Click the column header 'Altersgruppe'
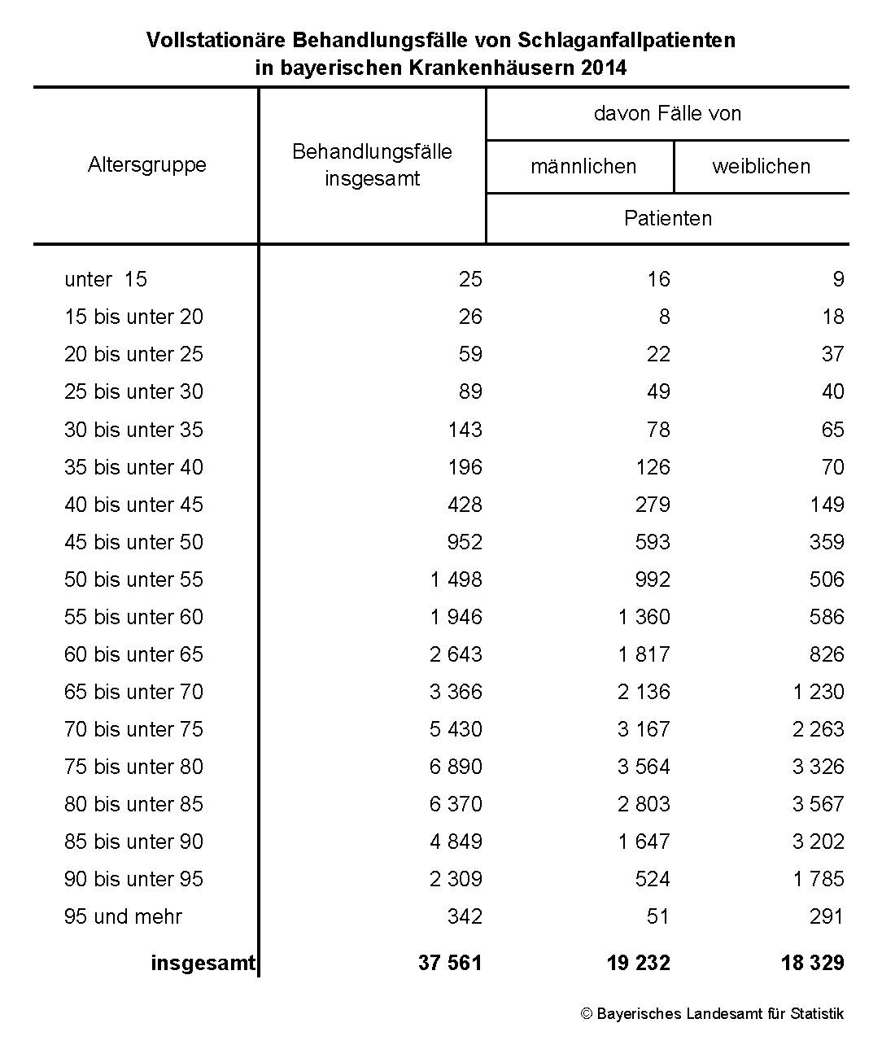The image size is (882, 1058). tap(147, 165)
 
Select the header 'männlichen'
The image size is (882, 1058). tap(583, 167)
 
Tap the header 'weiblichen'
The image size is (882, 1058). tap(761, 167)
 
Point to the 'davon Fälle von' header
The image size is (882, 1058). tap(667, 113)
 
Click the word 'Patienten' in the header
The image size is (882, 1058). tap(667, 219)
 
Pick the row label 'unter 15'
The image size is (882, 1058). tap(106, 280)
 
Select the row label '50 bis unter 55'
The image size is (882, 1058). tap(133, 580)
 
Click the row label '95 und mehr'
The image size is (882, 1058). tap(123, 917)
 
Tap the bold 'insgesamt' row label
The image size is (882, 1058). tap(203, 964)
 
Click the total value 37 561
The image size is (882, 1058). tap(450, 964)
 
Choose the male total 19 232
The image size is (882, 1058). tap(638, 964)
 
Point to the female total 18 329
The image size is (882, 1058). tap(812, 964)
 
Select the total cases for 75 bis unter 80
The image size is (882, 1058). tap(456, 767)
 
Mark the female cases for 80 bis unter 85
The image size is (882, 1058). tap(818, 805)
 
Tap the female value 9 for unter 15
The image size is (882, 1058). tap(838, 280)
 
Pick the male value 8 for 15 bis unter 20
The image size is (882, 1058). tap(664, 317)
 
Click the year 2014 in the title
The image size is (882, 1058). tap(604, 68)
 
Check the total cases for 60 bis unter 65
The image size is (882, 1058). tap(456, 655)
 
